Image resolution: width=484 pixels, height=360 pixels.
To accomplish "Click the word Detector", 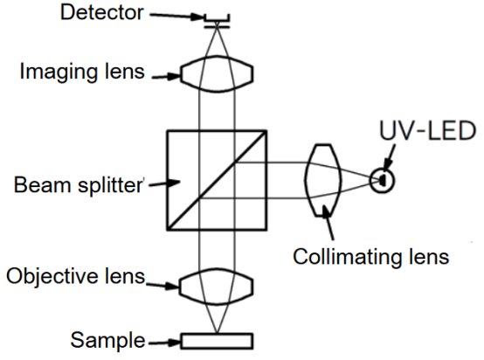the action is tap(102, 12).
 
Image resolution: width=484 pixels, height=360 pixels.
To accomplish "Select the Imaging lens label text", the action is tap(82, 72).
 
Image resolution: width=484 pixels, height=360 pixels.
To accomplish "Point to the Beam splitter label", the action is tap(79, 185).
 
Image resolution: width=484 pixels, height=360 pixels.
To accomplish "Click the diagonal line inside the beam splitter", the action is tap(217, 180).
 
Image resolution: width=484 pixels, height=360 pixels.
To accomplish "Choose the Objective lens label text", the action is tap(76, 276).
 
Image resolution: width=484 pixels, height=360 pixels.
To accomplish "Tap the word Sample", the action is tap(107, 340).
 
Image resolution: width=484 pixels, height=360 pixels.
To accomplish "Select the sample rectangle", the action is tap(217, 341).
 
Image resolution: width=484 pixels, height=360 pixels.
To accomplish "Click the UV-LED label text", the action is tap(428, 130).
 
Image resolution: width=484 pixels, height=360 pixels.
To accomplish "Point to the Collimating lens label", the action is tap(370, 257).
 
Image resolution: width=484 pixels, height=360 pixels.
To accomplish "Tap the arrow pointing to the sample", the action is tap(164, 343).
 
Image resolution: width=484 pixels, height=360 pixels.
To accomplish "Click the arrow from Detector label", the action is tap(177, 16).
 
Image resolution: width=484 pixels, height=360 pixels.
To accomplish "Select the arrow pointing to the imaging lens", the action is tap(166, 77).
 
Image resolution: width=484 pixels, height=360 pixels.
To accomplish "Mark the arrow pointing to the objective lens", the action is tap(162, 285).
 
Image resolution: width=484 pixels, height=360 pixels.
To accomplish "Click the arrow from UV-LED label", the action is tap(389, 158).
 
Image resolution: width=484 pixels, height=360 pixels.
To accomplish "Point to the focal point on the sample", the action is tap(217, 333).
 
